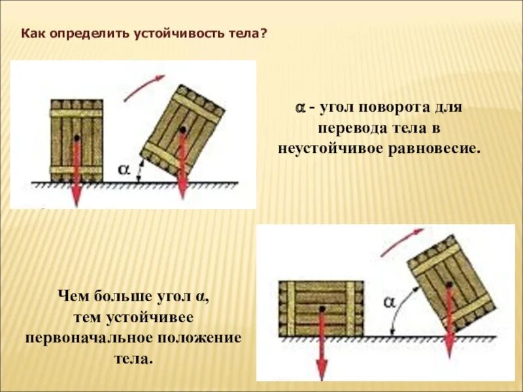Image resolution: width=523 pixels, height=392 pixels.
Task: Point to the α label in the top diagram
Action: tap(124, 170)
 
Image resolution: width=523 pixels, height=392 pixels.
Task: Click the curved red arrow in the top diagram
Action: tap(144, 86)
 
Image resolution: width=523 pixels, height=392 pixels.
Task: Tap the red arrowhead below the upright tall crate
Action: tap(76, 196)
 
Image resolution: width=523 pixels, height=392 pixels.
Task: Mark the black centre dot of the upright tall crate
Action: tap(77, 139)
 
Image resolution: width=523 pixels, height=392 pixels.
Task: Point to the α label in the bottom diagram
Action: tap(390, 301)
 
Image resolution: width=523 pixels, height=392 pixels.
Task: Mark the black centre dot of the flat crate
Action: tap(321, 308)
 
